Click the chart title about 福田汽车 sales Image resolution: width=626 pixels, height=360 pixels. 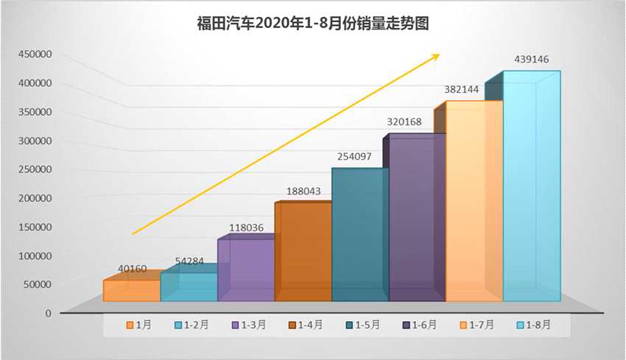click(312, 24)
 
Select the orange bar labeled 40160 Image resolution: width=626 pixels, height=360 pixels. click(131, 291)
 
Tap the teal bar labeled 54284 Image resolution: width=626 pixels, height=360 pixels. click(189, 286)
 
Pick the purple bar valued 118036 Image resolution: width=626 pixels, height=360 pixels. click(246, 270)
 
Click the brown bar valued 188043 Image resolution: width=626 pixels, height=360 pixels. click(303, 252)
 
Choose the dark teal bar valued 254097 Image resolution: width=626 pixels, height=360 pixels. click(360, 235)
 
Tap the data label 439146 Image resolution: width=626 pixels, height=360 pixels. click(532, 59)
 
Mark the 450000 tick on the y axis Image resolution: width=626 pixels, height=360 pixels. click(35, 54)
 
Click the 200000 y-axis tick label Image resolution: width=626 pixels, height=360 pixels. click(35, 198)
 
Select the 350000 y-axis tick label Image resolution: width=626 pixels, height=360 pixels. click(35, 112)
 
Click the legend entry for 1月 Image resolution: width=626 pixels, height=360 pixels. click(140, 325)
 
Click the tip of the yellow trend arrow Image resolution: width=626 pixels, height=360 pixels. click(439, 54)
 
